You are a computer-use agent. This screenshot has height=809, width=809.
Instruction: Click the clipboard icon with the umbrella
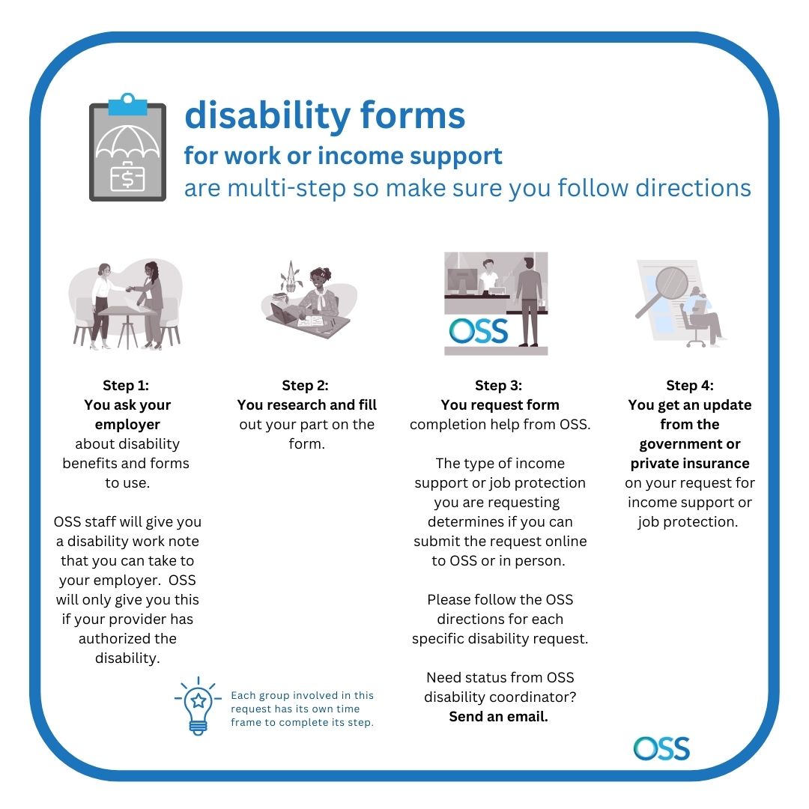coord(127,148)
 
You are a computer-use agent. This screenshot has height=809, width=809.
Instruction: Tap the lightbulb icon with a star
coord(198,706)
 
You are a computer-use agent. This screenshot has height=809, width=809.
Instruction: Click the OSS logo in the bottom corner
coord(661,748)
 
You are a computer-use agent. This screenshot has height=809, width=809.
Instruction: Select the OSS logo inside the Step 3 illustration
coord(478,331)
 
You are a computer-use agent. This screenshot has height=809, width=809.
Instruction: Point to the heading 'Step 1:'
coord(126,386)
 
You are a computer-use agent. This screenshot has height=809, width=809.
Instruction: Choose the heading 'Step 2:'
coord(305,386)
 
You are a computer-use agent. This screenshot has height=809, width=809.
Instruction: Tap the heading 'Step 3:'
coord(498,386)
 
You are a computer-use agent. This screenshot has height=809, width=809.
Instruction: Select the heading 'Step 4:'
coord(690,386)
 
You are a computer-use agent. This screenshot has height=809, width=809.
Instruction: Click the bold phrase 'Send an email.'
coord(498,717)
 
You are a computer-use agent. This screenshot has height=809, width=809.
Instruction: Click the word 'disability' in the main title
coord(267,117)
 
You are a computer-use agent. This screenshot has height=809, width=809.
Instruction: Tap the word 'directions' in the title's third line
coord(693,188)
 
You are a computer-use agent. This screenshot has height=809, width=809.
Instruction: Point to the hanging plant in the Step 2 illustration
coord(291,277)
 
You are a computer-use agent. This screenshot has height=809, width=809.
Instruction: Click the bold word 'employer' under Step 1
coord(127,425)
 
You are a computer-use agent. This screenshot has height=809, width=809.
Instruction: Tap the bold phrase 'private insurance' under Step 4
coord(690,464)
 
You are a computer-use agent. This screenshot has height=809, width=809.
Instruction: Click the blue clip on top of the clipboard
coord(127,105)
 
